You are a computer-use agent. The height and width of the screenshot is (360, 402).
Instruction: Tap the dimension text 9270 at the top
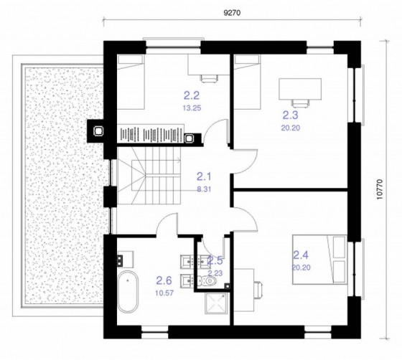click(x=231, y=14)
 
